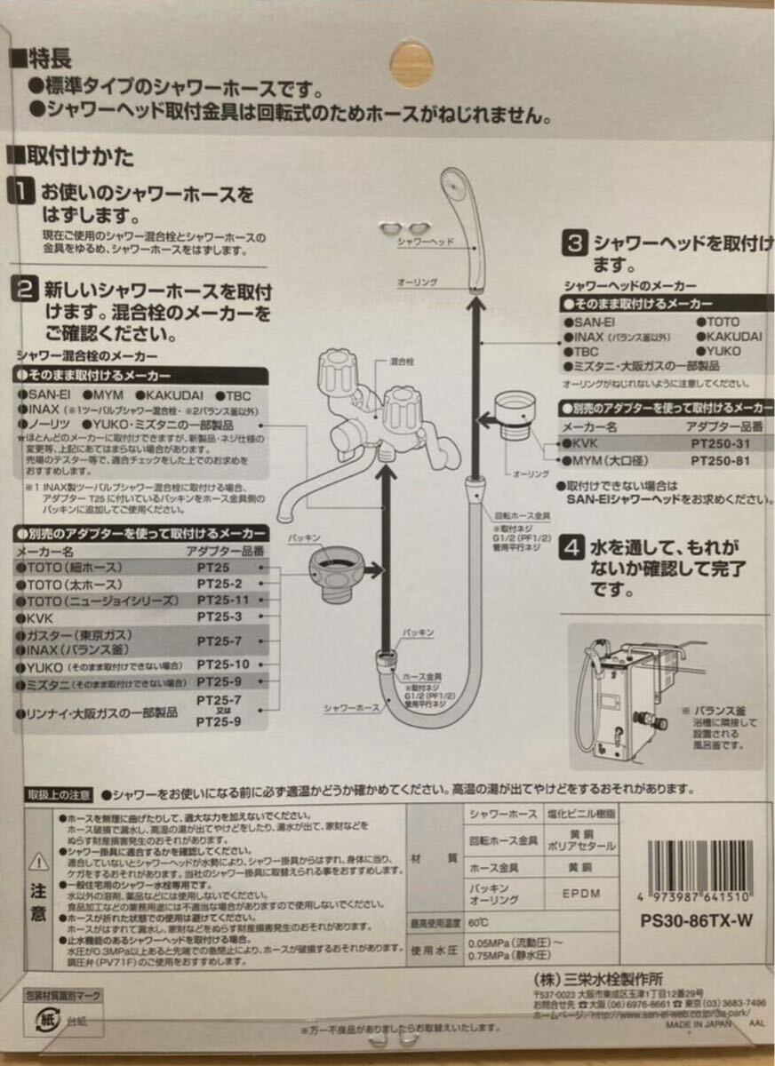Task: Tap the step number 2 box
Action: (22, 290)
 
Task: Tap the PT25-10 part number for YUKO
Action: (223, 664)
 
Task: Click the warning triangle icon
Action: (38, 861)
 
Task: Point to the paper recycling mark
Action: (39, 1015)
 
